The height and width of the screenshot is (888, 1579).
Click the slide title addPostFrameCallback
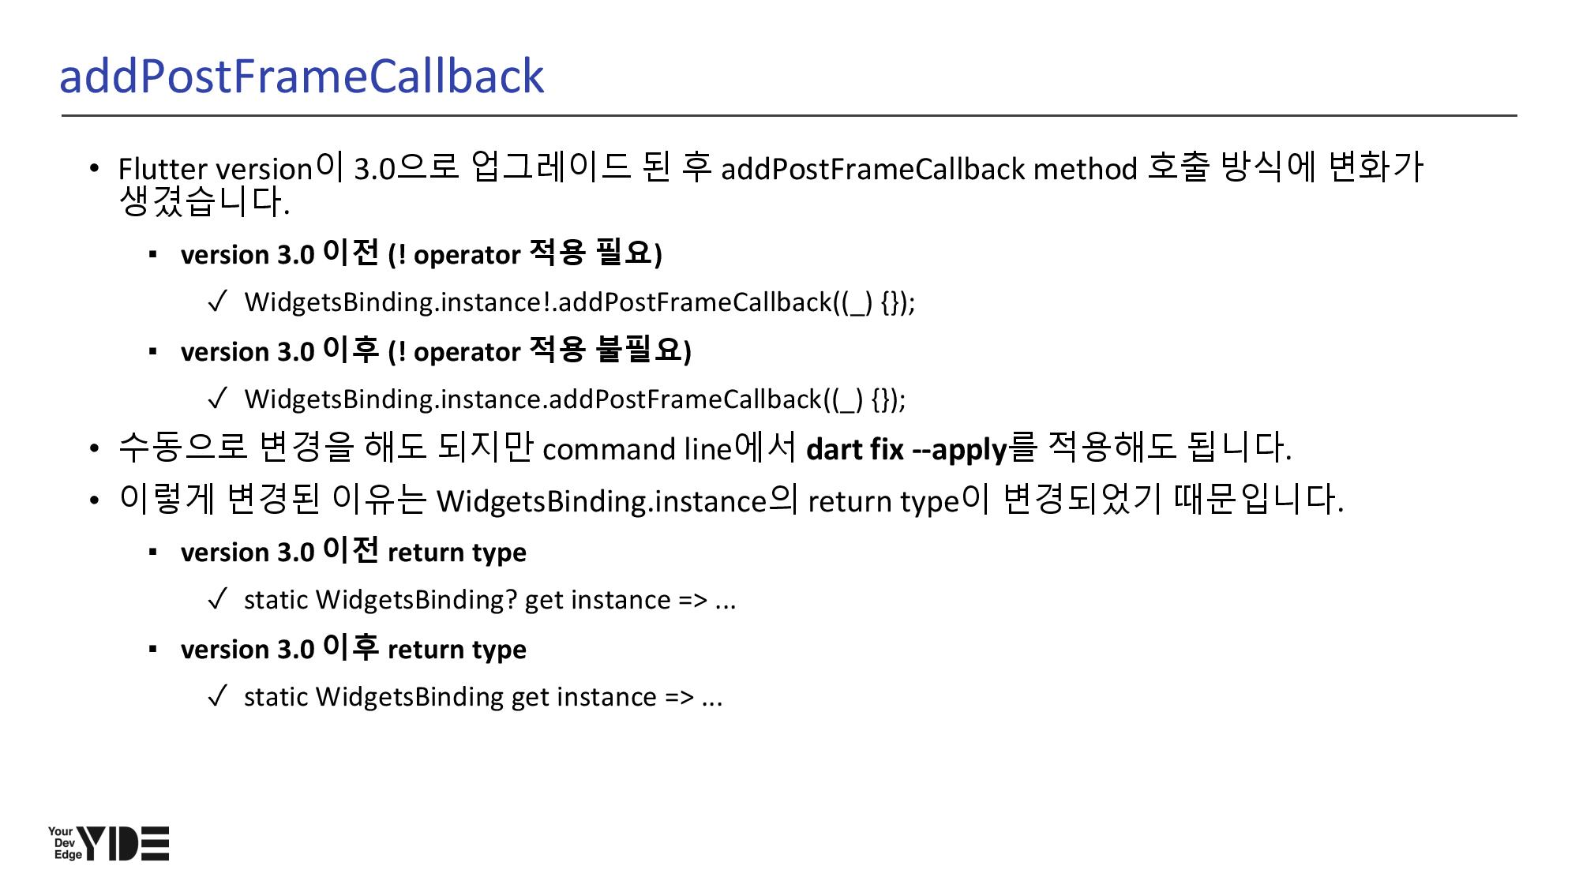pos(302,77)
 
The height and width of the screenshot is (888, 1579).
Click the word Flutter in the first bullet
pos(163,169)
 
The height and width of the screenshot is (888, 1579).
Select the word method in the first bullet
pos(1085,169)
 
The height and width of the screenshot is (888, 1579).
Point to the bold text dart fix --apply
pos(907,449)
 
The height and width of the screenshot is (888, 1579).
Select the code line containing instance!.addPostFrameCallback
pos(579,302)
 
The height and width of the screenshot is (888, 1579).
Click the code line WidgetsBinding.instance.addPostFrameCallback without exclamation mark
pos(575,399)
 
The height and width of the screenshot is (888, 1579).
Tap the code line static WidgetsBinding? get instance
pos(489,600)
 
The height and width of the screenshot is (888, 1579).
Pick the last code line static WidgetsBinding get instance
pos(483,697)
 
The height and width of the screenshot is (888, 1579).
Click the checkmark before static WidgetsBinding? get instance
pos(217,600)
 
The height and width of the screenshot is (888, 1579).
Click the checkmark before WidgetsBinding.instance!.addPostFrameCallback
pos(217,302)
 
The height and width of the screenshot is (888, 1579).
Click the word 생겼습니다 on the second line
pos(203,202)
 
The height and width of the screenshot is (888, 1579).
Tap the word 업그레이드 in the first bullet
pos(550,167)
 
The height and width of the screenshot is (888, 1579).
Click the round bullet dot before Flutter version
pos(95,168)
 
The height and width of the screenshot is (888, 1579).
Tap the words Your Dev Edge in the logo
pos(62,843)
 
